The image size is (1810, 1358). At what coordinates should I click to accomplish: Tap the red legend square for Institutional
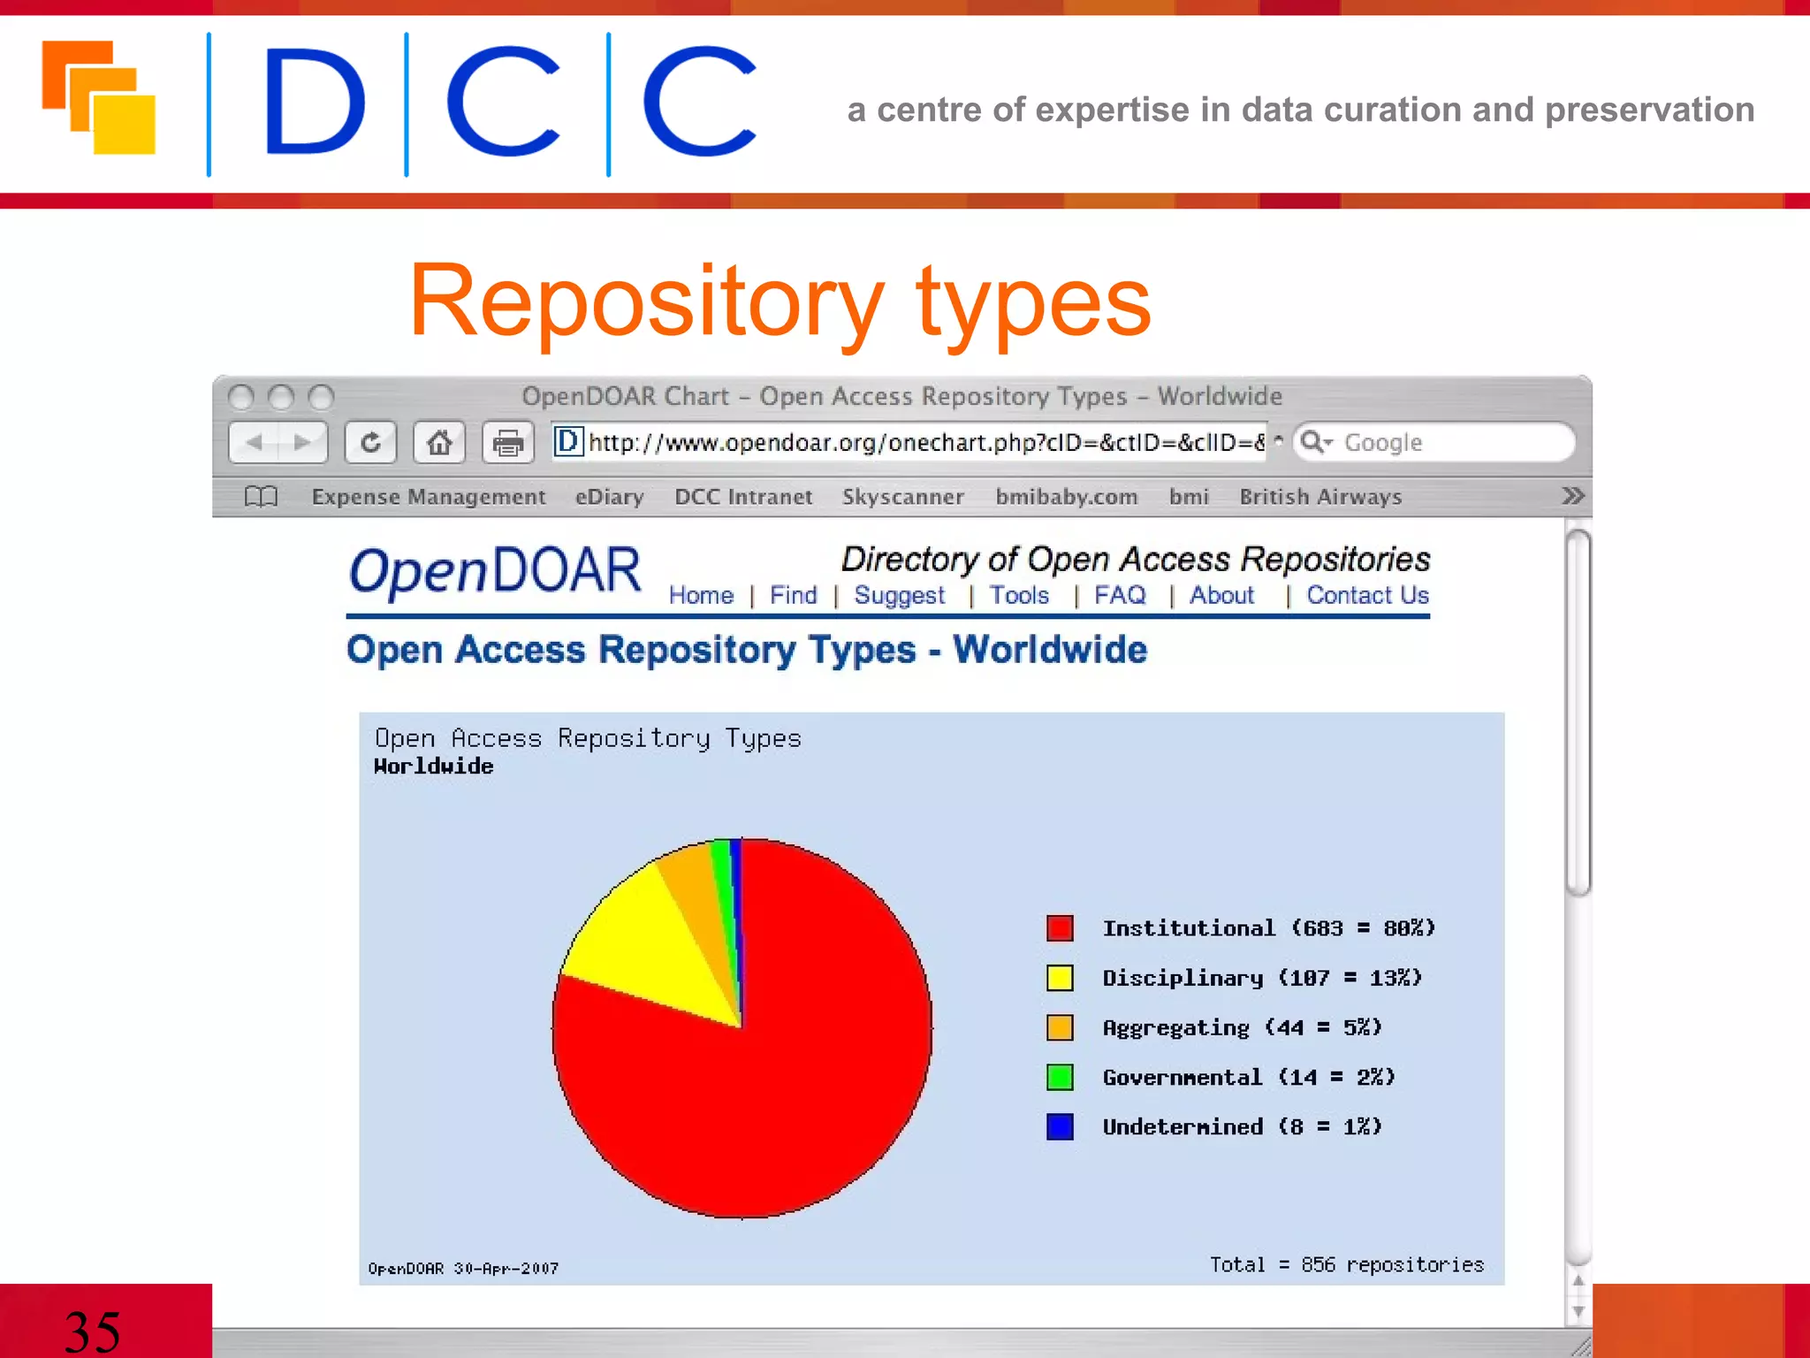(1060, 928)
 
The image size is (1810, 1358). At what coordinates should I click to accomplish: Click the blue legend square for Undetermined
(1060, 1126)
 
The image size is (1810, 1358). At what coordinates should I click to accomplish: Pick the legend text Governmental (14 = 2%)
(1248, 1077)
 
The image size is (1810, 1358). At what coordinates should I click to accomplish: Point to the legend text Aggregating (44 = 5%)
(1242, 1027)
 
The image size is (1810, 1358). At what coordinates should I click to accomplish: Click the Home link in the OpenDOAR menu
(701, 596)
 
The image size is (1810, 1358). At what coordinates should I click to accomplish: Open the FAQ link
(1120, 596)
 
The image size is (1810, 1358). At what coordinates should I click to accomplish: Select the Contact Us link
(1367, 596)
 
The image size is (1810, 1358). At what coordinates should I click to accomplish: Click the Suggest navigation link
(899, 596)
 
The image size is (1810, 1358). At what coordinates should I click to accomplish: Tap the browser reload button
(370, 442)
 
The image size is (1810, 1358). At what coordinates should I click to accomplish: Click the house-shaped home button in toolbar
(439, 442)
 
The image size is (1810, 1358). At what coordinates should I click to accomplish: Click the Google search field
(1441, 442)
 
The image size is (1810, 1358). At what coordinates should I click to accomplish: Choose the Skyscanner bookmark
(902, 497)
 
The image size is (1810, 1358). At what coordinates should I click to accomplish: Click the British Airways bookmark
(1320, 497)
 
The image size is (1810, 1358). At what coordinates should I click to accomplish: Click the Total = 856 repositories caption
(1346, 1265)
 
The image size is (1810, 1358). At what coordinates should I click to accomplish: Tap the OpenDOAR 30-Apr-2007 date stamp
(463, 1269)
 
